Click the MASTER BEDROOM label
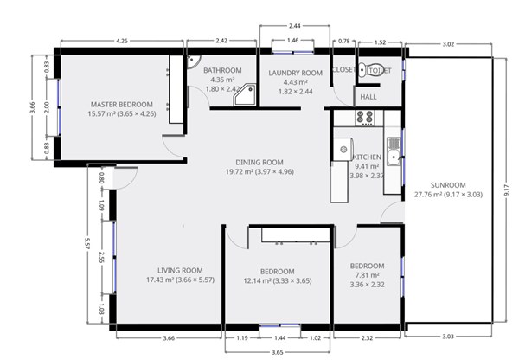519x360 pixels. tap(122, 105)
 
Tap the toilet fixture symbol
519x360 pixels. tap(371, 70)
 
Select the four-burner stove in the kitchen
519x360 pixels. tap(364, 118)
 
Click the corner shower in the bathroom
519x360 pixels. tap(245, 95)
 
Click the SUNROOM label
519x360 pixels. tap(448, 185)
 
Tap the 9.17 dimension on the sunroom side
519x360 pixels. tap(506, 190)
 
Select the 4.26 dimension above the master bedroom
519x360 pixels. tap(122, 41)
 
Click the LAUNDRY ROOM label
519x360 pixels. tap(295, 73)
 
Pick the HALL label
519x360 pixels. tap(368, 97)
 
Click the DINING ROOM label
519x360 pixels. tap(259, 163)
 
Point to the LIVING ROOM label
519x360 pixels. tap(180, 270)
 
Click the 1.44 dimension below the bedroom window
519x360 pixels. tap(279, 338)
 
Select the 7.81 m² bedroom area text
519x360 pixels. tap(367, 275)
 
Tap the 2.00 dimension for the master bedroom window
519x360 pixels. tap(47, 107)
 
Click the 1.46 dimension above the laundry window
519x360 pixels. tap(292, 41)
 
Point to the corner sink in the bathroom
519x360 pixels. tap(192, 60)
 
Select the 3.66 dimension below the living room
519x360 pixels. tap(169, 338)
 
